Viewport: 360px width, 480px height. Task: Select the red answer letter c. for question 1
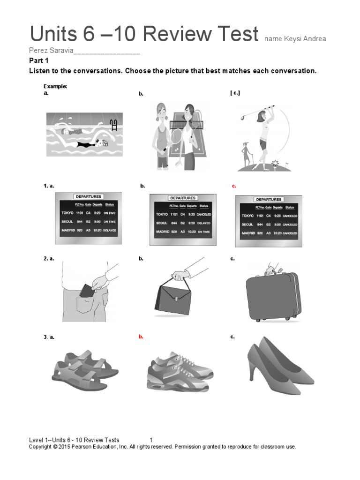(x=234, y=186)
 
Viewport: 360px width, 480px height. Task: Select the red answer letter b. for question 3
(x=140, y=337)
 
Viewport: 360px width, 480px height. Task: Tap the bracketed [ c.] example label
(x=235, y=93)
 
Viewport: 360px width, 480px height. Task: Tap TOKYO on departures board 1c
(x=247, y=216)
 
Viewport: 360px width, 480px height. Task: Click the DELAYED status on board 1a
(x=110, y=231)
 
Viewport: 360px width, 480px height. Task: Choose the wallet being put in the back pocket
(x=86, y=291)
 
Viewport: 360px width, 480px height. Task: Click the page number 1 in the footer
(x=151, y=440)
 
